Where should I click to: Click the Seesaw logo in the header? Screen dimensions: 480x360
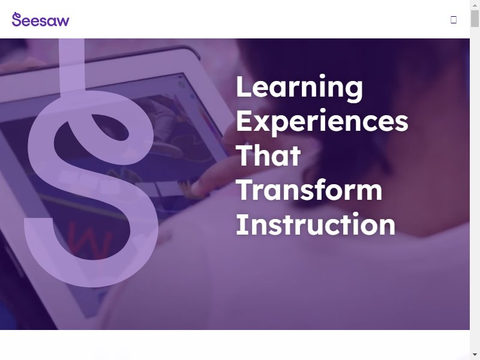(41, 20)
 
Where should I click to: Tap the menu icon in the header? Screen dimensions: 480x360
(454, 20)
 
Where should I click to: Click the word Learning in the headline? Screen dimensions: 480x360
(299, 88)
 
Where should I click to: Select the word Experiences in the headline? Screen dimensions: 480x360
(322, 122)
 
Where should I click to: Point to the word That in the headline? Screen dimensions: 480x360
(268, 156)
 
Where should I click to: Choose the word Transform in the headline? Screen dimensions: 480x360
(309, 190)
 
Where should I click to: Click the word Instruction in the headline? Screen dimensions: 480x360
(316, 224)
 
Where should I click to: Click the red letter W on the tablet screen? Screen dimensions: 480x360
(89, 241)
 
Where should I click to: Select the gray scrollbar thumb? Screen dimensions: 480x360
(475, 19)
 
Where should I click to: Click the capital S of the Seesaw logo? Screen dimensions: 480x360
(17, 19)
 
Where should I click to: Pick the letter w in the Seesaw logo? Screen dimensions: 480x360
(63, 22)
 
